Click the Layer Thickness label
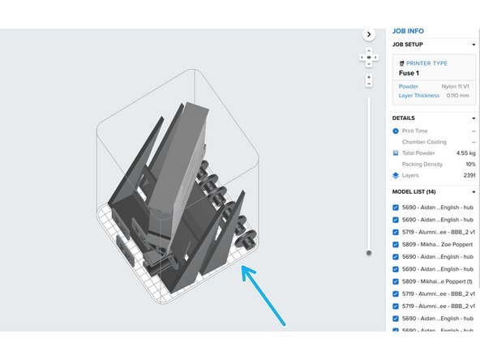coord(418,96)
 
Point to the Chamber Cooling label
coord(426,141)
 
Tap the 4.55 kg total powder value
coord(465,152)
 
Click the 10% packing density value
coord(469,164)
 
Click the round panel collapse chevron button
coord(369,35)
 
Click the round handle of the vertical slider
coord(369,252)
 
